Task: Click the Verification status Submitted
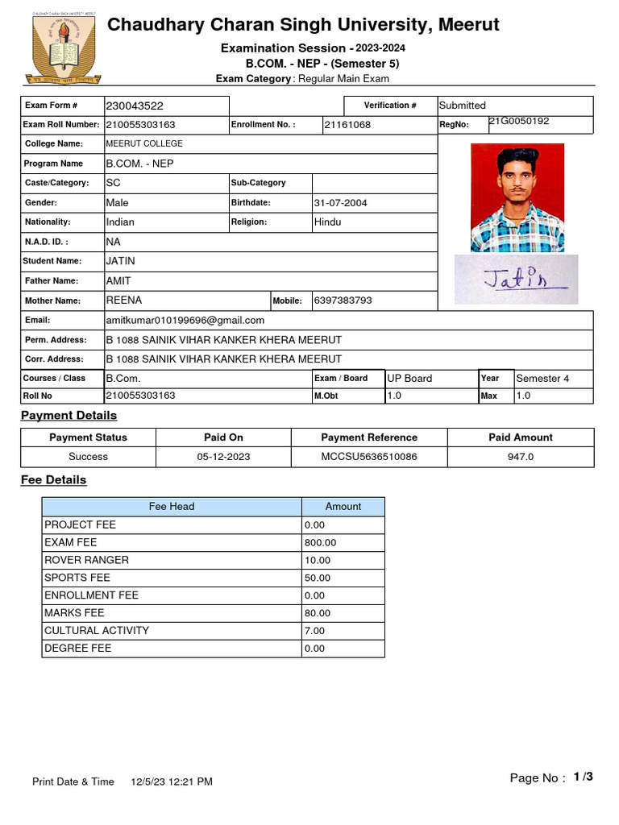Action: (463, 106)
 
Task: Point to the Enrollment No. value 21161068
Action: (347, 125)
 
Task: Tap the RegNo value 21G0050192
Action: (519, 121)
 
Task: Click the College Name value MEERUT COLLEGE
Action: (144, 143)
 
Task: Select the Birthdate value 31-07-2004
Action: (341, 203)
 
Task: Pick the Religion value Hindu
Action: (327, 222)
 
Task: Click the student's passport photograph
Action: (517, 198)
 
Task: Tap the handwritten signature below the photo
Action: (516, 280)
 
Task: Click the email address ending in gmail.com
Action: (185, 320)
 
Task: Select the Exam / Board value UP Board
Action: (409, 378)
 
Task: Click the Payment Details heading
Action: (69, 416)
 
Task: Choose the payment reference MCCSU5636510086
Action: (369, 457)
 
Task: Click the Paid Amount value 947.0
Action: (521, 457)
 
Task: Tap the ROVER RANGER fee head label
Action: (86, 560)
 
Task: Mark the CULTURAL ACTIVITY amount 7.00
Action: (315, 631)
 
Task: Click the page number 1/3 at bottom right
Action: (583, 777)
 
